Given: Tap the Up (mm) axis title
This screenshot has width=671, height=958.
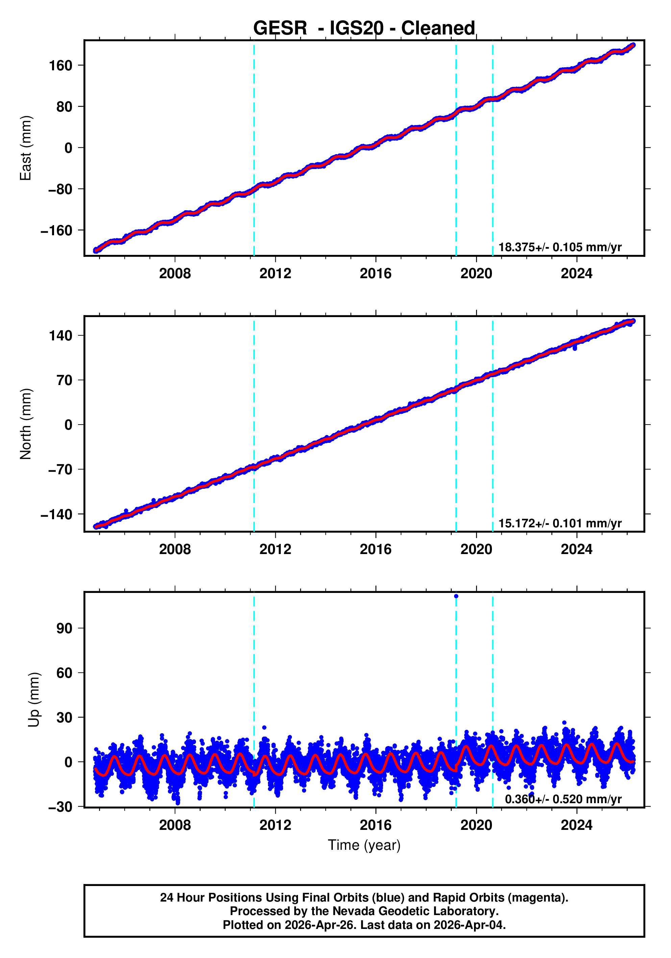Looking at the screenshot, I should pos(34,700).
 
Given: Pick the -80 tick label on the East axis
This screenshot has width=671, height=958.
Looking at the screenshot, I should pos(60,189).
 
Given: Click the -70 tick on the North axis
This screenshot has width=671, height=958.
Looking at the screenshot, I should pos(60,470).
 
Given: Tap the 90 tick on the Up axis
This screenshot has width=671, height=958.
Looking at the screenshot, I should pos(64,628).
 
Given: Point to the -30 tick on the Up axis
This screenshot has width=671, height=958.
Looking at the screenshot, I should pos(60,807).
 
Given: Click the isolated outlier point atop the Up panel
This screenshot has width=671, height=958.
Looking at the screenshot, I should pos(456,596).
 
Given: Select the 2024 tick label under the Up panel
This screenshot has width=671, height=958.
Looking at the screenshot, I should pos(576,825).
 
